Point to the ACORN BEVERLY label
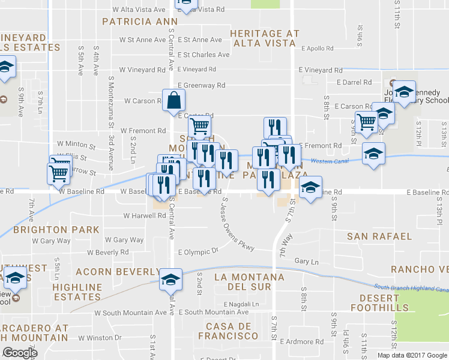110,272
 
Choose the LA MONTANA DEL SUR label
249,282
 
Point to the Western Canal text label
330,160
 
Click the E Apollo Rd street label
321,48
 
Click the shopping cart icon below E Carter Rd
200,126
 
